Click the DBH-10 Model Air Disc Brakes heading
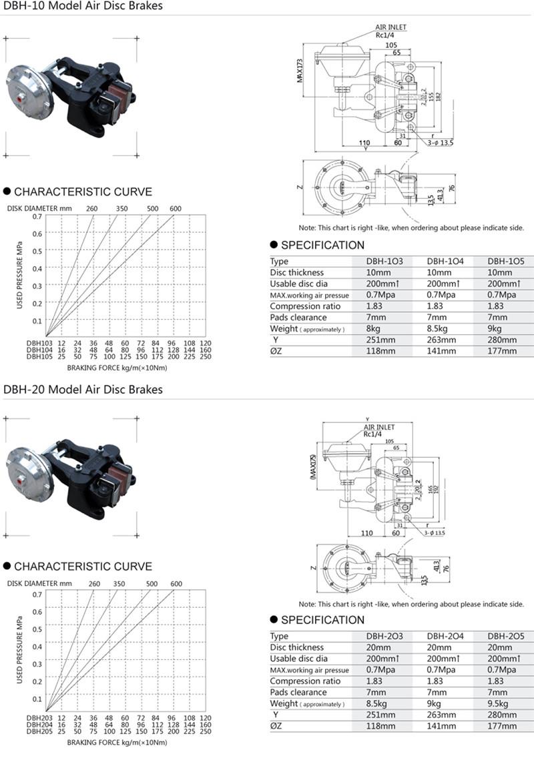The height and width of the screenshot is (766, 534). (x=83, y=7)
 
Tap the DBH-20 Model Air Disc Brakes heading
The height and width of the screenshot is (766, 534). (x=83, y=389)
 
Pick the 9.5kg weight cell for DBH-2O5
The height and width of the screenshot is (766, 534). (x=501, y=703)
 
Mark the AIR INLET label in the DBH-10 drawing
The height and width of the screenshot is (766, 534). (x=390, y=27)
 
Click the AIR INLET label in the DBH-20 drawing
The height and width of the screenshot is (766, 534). (x=379, y=427)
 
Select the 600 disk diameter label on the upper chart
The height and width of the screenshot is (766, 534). (x=176, y=209)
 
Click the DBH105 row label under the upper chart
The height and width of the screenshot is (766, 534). (x=38, y=356)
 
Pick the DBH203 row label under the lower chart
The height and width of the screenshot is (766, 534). (x=38, y=718)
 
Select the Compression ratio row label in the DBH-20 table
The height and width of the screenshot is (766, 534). (x=305, y=681)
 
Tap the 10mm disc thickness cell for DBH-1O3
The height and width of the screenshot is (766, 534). (x=378, y=272)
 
